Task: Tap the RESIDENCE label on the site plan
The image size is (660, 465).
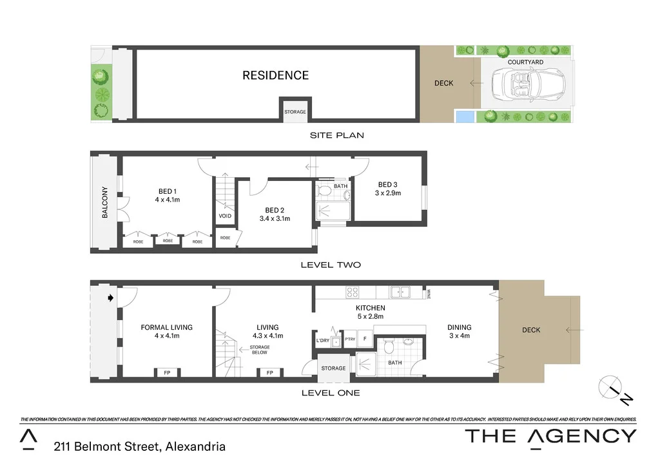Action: pyautogui.click(x=275, y=75)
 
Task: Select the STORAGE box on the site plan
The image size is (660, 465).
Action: pyautogui.click(x=295, y=112)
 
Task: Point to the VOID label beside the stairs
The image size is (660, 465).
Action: pyautogui.click(x=225, y=216)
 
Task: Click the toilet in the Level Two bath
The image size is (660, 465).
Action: pyautogui.click(x=325, y=191)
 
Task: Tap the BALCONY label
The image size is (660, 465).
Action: pyautogui.click(x=104, y=203)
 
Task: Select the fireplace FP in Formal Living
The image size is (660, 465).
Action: pyautogui.click(x=166, y=372)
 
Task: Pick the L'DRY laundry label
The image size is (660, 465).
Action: pyautogui.click(x=323, y=340)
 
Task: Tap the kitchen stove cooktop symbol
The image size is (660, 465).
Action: pyautogui.click(x=353, y=292)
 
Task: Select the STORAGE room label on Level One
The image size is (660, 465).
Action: pyautogui.click(x=333, y=368)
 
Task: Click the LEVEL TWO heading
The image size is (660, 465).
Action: pyautogui.click(x=331, y=265)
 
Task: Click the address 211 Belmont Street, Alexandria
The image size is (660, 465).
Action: pyautogui.click(x=140, y=446)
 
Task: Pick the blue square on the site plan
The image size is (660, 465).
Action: pyautogui.click(x=465, y=117)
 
